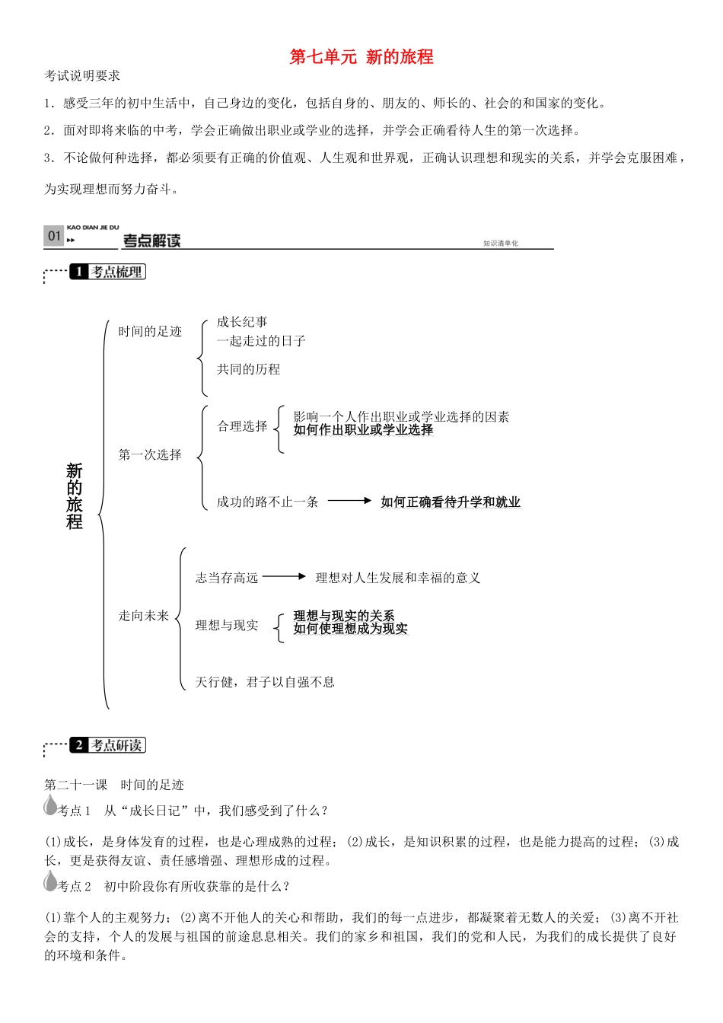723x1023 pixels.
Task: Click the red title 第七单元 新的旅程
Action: pos(361,57)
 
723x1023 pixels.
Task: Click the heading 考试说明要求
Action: pos(82,76)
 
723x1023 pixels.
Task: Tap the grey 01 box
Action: pos(53,236)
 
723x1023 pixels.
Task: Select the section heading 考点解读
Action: pos(151,241)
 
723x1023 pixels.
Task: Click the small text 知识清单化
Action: pos(500,244)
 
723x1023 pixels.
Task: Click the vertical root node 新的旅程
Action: pos(74,496)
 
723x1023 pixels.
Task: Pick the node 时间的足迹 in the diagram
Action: pos(150,331)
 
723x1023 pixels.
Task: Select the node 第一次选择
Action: pos(150,454)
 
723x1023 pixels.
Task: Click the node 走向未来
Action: pos(143,616)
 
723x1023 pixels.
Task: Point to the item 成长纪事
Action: pos(242,322)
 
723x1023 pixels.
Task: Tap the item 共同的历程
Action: pos(248,369)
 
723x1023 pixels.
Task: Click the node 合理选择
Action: pos(242,426)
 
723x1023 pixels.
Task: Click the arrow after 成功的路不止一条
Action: pos(349,501)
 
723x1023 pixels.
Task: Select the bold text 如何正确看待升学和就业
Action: pos(451,502)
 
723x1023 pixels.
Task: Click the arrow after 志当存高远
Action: pos(284,577)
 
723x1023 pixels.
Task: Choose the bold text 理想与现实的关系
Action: pos(344,615)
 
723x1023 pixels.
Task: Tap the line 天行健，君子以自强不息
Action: pos(265,682)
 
